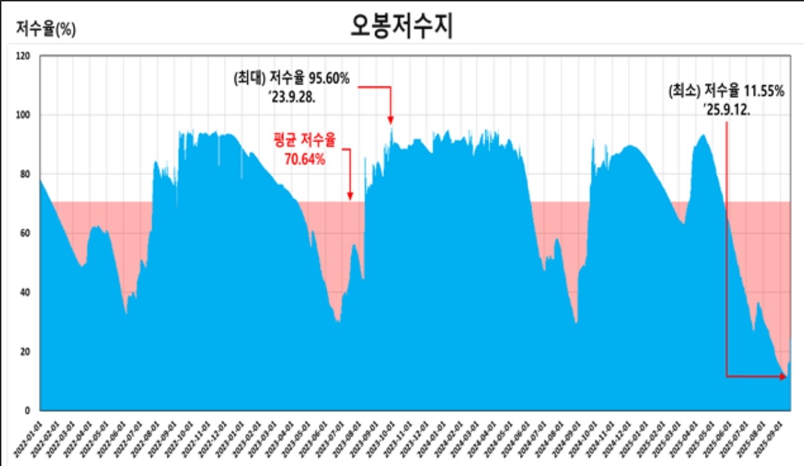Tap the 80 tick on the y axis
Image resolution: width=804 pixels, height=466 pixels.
click(x=25, y=174)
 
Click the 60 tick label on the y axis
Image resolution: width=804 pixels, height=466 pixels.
click(x=25, y=233)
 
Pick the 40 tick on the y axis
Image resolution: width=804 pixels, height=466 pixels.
click(x=25, y=292)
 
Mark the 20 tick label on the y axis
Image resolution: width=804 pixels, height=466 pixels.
click(x=25, y=351)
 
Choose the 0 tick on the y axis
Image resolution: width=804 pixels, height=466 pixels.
click(x=27, y=410)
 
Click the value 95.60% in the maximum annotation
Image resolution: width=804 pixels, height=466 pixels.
click(x=328, y=79)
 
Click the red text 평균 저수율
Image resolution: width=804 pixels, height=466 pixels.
click(x=304, y=142)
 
